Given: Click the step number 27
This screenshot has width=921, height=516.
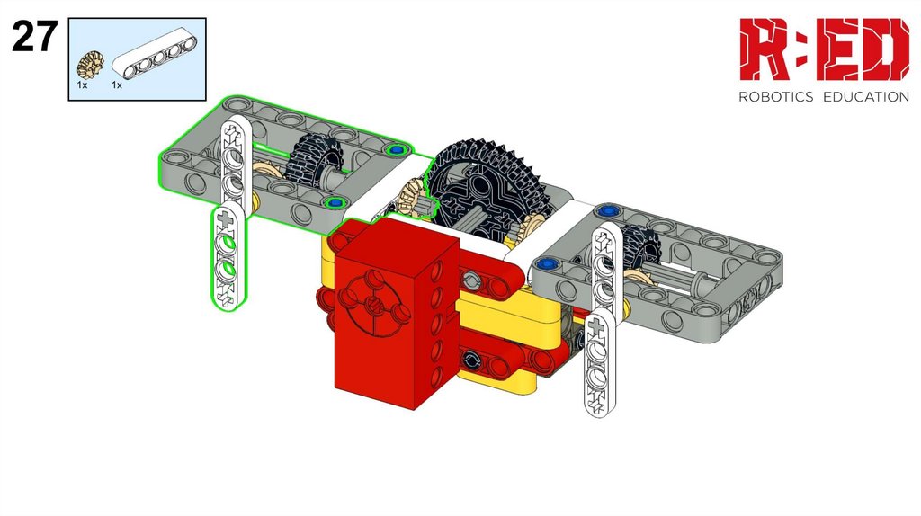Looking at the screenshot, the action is coord(35,36).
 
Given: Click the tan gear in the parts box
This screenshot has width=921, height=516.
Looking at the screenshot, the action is coord(91,65).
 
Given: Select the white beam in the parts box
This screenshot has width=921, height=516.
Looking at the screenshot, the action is coord(155,57).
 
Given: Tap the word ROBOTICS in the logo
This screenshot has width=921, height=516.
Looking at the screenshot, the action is coord(775,97).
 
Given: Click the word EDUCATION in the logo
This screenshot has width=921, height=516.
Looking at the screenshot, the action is coord(866,97).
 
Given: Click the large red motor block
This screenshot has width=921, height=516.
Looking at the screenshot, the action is coord(397,312).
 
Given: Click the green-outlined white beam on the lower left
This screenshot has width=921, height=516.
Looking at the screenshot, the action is coord(229,256).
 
